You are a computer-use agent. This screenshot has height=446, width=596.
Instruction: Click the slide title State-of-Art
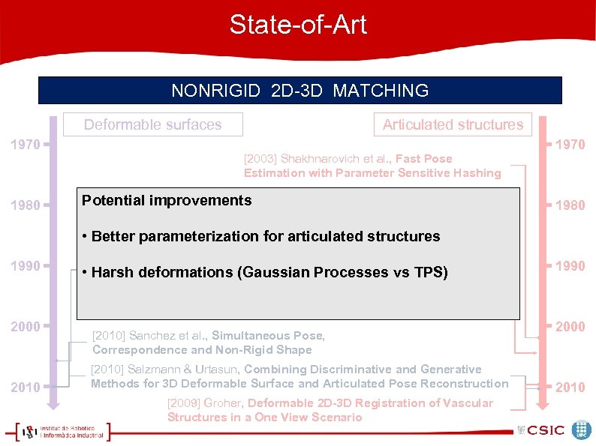point(298,25)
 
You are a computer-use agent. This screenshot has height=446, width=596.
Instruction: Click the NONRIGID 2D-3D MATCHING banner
point(300,91)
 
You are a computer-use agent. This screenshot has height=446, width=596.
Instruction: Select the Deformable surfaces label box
point(153,124)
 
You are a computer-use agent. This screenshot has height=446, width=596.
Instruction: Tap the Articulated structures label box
point(453,124)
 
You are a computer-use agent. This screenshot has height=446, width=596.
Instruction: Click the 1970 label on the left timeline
point(26,144)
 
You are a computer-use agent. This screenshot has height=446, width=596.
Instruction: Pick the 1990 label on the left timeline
point(26,266)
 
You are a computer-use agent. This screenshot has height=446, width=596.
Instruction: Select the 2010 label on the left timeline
point(26,388)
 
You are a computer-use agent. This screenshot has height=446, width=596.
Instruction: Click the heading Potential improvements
point(167,200)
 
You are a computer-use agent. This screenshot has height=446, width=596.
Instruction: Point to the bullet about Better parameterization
point(265,237)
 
